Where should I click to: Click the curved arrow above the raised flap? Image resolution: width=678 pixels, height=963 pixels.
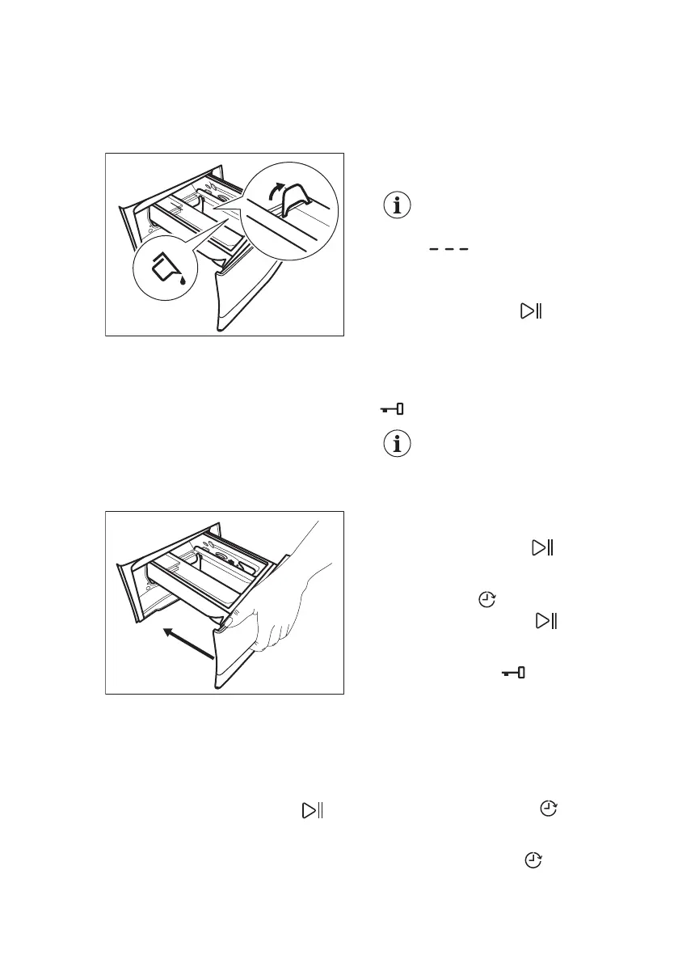pos(276,192)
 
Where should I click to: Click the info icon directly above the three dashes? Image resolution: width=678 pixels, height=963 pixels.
pos(397,205)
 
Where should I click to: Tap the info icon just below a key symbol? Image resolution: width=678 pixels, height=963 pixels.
pos(397,444)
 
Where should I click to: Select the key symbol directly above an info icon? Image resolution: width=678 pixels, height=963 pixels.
pos(393,410)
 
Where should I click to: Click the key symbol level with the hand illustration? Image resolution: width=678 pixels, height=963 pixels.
pos(512,673)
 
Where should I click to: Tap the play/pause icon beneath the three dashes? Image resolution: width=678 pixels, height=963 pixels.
pos(529,310)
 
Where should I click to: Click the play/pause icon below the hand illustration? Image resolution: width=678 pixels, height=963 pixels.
pos(312,809)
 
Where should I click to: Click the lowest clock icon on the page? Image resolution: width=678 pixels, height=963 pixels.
pos(533,862)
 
